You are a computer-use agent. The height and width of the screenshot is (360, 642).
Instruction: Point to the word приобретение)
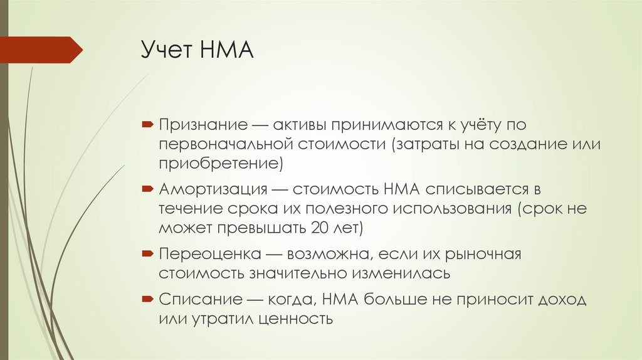[221, 165]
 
